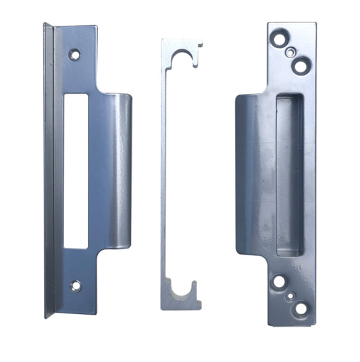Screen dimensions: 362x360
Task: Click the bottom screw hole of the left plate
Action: coord(76,286)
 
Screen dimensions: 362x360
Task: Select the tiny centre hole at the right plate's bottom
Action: coord(289,295)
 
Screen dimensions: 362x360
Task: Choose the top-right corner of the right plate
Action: coord(315,24)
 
